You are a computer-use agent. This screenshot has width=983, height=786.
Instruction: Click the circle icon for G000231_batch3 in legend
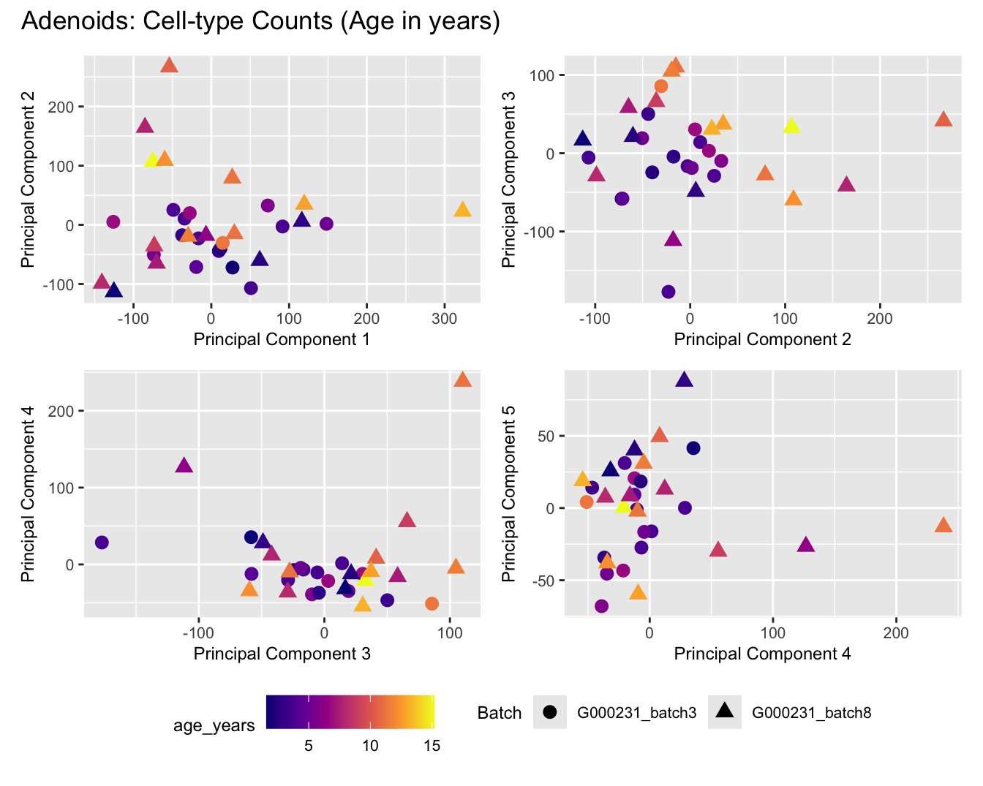click(550, 712)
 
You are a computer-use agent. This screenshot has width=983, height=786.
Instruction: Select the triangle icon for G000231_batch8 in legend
click(725, 711)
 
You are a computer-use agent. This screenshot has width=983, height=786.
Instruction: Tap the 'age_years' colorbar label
click(214, 725)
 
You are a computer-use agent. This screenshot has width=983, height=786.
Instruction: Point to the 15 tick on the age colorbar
click(432, 746)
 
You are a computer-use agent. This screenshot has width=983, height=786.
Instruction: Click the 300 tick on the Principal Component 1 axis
click(445, 319)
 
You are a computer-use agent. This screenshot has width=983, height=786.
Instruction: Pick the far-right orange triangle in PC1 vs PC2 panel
click(462, 210)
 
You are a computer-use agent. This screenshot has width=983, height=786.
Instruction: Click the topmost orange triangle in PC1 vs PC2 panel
click(169, 65)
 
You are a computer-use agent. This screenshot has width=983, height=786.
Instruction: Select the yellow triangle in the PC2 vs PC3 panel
click(791, 126)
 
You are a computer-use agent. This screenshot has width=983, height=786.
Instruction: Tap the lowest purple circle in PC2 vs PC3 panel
click(668, 292)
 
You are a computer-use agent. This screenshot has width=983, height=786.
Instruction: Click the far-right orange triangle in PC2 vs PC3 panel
click(944, 119)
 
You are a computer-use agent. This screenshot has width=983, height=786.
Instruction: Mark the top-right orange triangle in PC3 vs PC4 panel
click(462, 379)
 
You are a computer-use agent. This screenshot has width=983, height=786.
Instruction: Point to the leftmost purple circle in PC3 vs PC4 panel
click(102, 543)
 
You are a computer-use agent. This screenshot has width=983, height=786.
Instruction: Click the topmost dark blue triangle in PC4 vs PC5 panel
click(684, 379)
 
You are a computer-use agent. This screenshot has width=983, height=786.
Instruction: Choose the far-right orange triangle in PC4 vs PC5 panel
click(944, 525)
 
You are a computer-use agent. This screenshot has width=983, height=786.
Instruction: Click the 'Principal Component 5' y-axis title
click(509, 494)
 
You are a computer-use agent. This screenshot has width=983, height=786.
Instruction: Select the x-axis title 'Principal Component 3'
click(282, 654)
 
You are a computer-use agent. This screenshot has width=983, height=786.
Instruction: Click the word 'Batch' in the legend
click(500, 713)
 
